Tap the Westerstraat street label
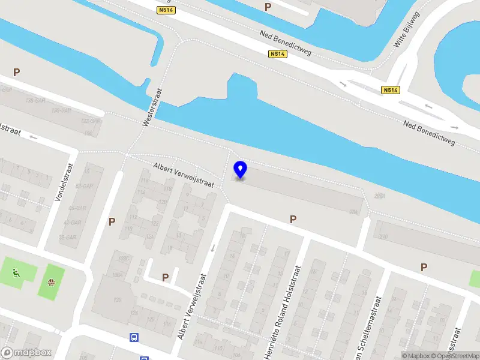(x=153, y=107)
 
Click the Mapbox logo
(x=26, y=353)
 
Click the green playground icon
(x=16, y=274)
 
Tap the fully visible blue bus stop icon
(x=134, y=338)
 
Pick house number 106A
(x=117, y=275)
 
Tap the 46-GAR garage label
(x=77, y=208)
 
